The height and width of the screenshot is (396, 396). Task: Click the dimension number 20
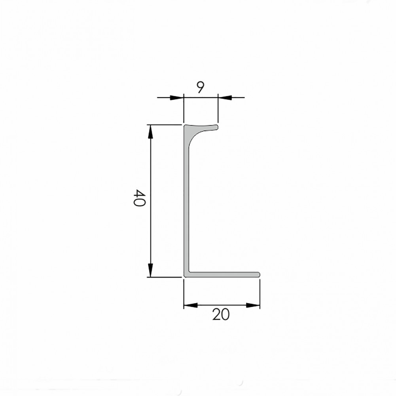[221, 314]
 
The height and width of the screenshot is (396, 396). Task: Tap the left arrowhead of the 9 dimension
[176, 97]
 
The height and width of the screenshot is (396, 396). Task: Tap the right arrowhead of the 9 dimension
[225, 97]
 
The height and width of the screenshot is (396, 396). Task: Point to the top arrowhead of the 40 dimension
[150, 132]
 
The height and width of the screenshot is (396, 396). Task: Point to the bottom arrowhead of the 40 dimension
[150, 270]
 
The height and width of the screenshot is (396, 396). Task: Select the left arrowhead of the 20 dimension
[190, 305]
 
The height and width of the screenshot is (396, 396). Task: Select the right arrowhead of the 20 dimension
[253, 305]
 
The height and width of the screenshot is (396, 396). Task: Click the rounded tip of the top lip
[216, 127]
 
